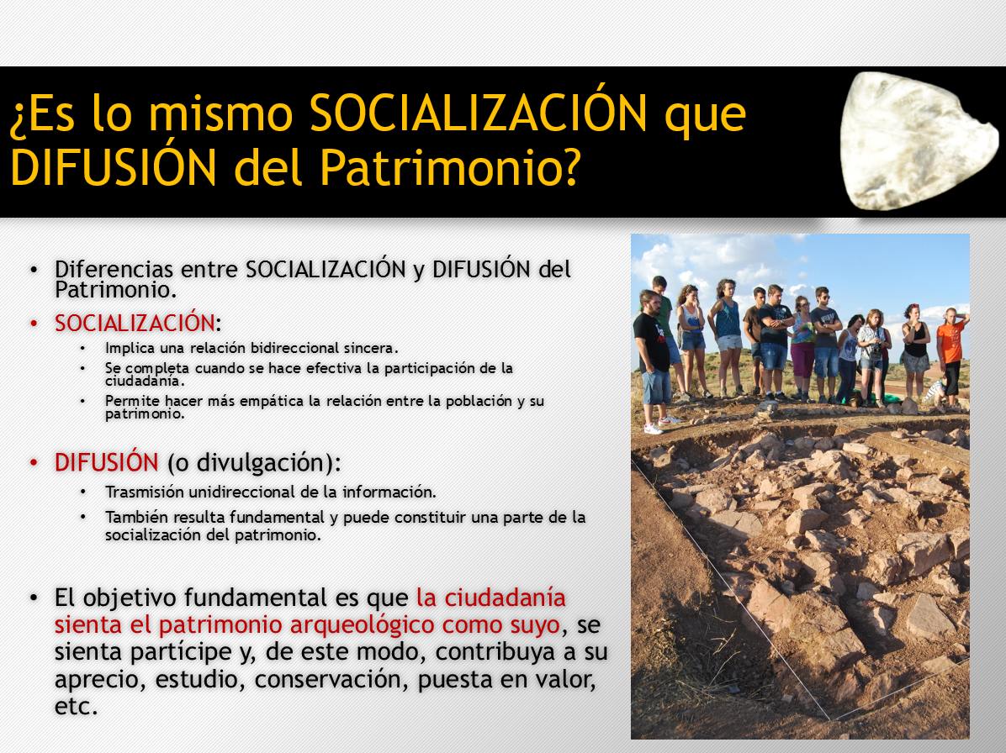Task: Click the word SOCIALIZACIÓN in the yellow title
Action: (478, 113)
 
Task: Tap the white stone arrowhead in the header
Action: (918, 141)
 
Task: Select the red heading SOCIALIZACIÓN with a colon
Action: (137, 323)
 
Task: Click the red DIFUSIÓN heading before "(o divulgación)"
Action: (107, 462)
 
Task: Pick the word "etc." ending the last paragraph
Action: (77, 706)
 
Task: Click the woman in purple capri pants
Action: (802, 350)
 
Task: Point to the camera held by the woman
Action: (874, 350)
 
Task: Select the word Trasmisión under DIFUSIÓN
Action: (145, 492)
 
